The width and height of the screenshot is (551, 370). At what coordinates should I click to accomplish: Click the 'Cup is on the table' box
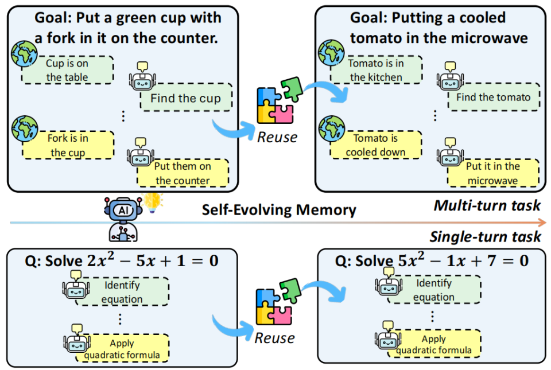click(67, 70)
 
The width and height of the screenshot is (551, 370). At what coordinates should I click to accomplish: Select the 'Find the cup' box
click(185, 98)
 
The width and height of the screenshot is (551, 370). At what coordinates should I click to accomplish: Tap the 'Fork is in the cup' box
click(67, 145)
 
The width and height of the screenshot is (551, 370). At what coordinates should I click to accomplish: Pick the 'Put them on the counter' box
click(183, 173)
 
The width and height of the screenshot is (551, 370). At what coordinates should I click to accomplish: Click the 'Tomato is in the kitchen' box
click(375, 70)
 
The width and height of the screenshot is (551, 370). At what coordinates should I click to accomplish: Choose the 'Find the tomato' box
click(493, 98)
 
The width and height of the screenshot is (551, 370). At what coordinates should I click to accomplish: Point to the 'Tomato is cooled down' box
click(375, 145)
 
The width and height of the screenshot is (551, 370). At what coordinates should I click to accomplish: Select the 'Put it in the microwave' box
click(492, 173)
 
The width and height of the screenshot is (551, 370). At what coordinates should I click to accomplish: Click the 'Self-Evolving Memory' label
click(278, 210)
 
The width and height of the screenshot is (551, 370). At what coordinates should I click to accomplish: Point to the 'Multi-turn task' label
click(487, 205)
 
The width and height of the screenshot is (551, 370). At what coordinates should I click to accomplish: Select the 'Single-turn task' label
click(486, 236)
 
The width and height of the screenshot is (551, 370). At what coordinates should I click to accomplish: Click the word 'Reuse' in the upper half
click(277, 137)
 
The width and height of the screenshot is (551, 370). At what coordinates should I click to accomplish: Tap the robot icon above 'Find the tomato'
click(450, 73)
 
